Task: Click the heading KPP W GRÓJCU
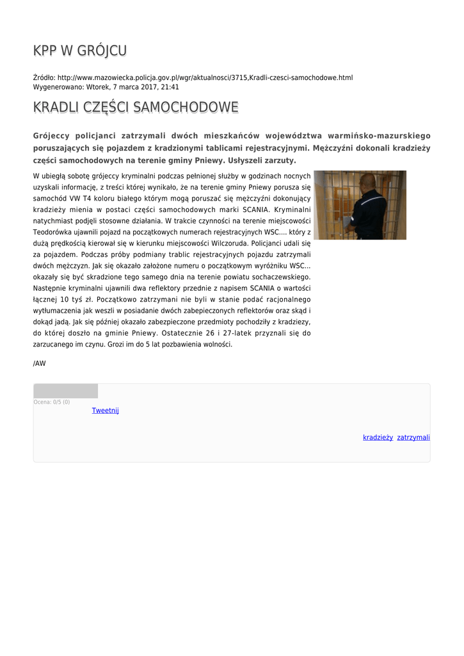tap(80, 51)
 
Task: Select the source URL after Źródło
tap(205, 78)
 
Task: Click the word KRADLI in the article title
tap(56, 107)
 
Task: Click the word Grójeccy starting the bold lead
tap(54, 136)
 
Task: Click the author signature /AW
tap(40, 363)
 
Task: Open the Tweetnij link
tap(105, 410)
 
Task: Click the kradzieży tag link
tap(378, 438)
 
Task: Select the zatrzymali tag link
tap(413, 438)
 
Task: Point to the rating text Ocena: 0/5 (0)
tap(52, 402)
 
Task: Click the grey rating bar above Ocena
tap(65, 391)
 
